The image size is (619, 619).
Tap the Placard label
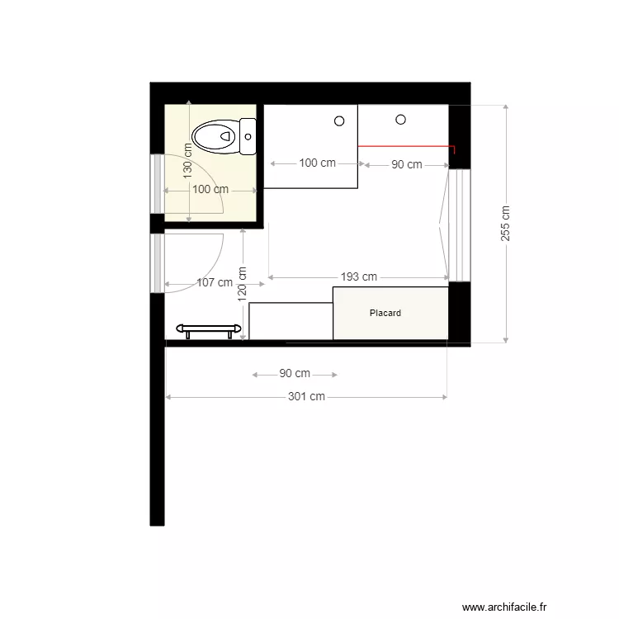tap(385, 314)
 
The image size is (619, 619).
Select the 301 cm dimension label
tap(306, 397)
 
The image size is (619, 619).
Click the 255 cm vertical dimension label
tap(505, 223)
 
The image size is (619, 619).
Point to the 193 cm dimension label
tap(359, 277)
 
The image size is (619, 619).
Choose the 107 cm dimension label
tap(215, 283)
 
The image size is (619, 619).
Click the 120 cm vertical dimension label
tap(243, 283)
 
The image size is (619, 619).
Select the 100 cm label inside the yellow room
tap(210, 189)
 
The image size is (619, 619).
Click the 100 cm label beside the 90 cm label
tap(317, 163)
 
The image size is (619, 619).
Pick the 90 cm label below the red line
tap(406, 165)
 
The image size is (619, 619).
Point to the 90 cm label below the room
tap(295, 374)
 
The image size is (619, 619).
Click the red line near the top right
tap(404, 146)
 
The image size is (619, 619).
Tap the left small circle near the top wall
tap(339, 121)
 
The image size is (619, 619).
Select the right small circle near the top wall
tap(401, 120)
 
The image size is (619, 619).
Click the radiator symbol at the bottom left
tap(206, 330)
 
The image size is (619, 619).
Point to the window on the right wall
tap(459, 225)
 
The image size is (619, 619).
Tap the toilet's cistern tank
tap(248, 137)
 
